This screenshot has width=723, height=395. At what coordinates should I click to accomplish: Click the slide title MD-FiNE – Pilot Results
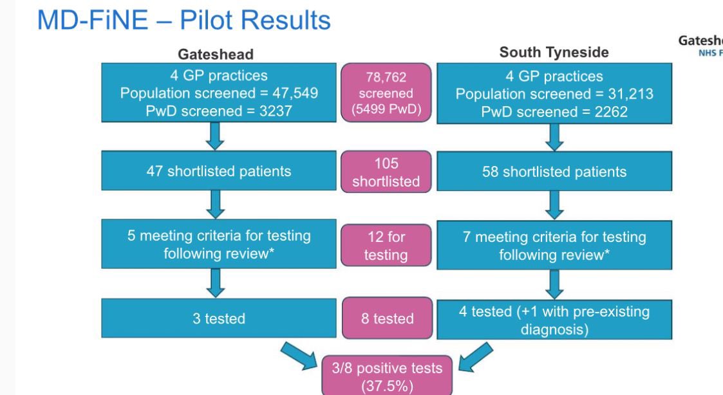point(184,21)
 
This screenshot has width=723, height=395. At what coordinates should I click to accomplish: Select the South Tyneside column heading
point(554,52)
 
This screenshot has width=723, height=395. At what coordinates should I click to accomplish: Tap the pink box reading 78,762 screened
point(386,93)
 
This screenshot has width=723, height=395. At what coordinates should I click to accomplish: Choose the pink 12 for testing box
point(386,246)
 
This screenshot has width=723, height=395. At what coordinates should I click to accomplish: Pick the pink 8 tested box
point(386,318)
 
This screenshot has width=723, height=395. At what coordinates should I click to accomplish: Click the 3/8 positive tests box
point(386,375)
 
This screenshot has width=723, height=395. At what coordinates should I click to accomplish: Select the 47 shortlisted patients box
point(218,172)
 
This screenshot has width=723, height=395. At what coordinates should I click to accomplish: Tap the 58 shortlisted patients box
point(554,172)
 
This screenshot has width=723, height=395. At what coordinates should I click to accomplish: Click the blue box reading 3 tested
point(218,318)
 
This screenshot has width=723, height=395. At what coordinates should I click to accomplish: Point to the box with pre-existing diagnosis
point(554,320)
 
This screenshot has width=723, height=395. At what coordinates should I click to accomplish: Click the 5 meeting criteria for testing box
point(218,244)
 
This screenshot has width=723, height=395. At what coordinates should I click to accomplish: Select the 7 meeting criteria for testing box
point(554,246)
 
